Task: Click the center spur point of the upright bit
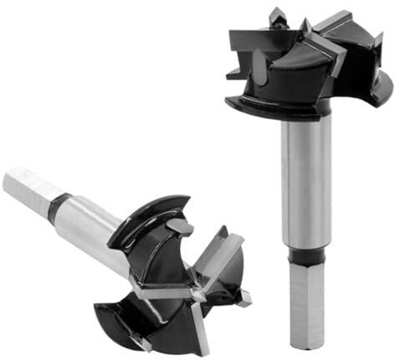coord(305,27)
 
